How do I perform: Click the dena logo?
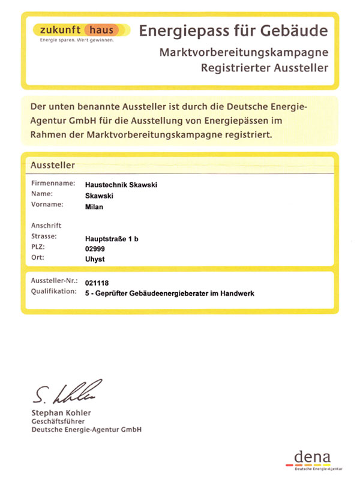pos(313,458)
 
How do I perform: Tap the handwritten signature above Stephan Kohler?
pos(64,392)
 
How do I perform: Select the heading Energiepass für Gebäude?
pos(234,31)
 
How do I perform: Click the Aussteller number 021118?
pos(98,282)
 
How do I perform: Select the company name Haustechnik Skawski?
pos(122,185)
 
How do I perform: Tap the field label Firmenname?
pos(53,184)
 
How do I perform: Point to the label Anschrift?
pos(46,226)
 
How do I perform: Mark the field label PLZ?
pos(38,247)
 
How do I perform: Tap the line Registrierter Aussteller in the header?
pos(265,68)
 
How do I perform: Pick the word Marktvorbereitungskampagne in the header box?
pos(244,52)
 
